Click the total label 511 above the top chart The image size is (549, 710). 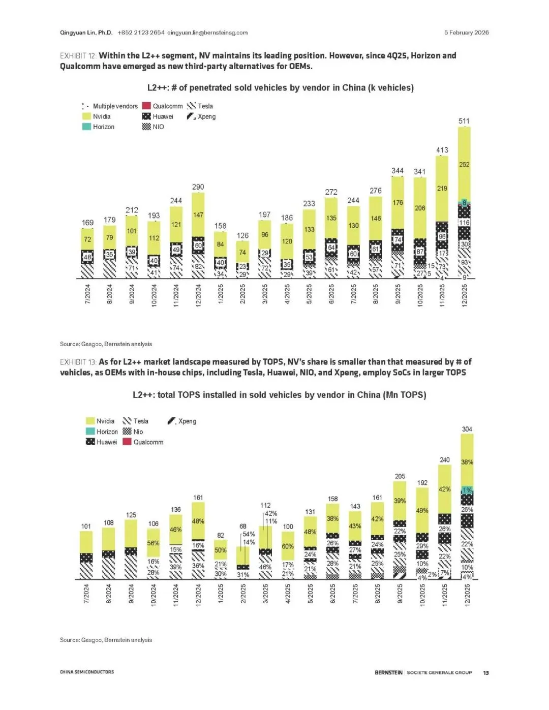[464, 121]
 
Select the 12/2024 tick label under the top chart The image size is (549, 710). [198, 295]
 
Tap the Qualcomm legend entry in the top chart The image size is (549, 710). [162, 106]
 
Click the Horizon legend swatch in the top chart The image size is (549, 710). [86, 127]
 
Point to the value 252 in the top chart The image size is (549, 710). [464, 165]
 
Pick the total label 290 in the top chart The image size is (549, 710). [198, 187]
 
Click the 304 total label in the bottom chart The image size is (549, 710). [467, 429]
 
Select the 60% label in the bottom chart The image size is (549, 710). [288, 546]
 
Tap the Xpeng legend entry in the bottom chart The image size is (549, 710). [182, 421]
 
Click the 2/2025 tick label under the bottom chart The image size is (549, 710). [243, 594]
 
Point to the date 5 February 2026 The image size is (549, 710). [466, 33]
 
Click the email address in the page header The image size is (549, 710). [207, 33]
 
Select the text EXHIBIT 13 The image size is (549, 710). [78, 362]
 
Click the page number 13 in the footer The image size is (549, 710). [486, 672]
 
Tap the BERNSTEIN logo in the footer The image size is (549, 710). [388, 672]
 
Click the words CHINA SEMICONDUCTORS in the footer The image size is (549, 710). [87, 672]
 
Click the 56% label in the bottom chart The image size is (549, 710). [153, 543]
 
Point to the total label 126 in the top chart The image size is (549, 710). [242, 235]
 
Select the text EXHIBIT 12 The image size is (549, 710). [78, 56]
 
